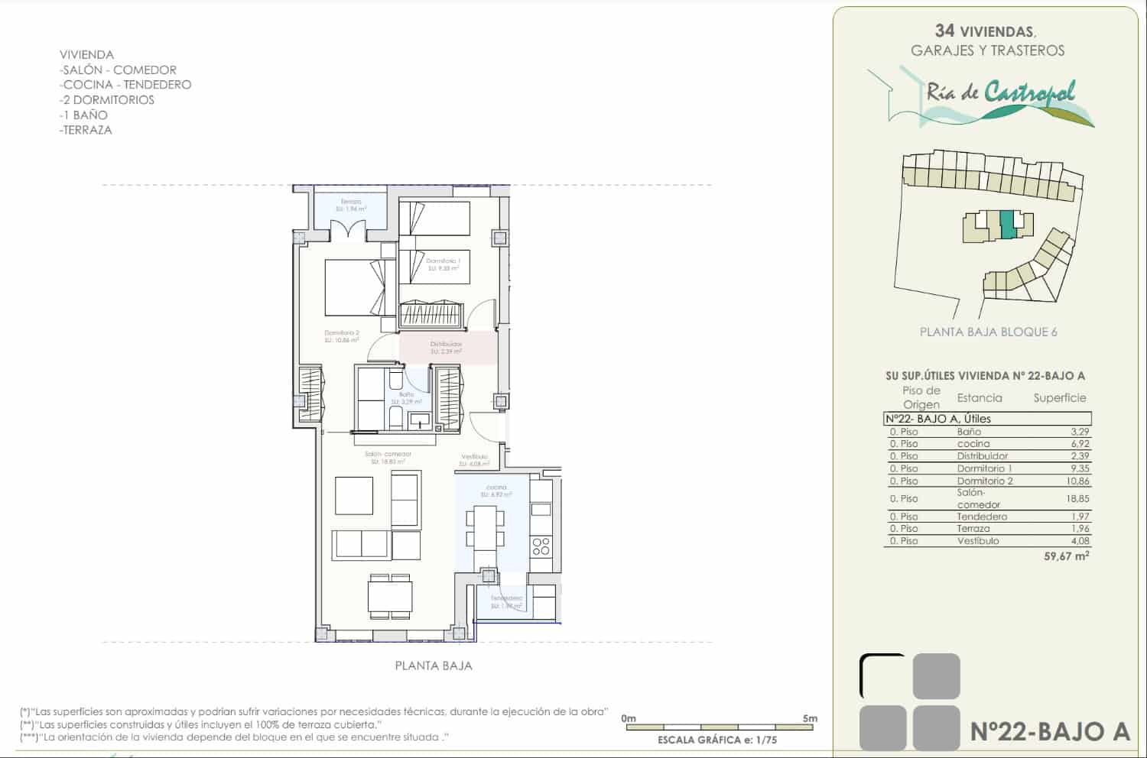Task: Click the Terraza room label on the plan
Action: click(x=352, y=202)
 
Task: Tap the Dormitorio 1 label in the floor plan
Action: click(x=443, y=261)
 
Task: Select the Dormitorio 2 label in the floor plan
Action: click(x=341, y=333)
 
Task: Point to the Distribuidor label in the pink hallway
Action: click(x=446, y=344)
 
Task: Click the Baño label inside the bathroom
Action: click(x=406, y=394)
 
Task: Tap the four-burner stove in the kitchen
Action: click(x=541, y=546)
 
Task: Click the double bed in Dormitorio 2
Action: click(x=356, y=287)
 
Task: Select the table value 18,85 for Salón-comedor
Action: click(x=1079, y=498)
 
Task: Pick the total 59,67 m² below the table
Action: click(x=1066, y=556)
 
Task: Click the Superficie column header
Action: click(x=1059, y=397)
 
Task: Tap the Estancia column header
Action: click(x=979, y=397)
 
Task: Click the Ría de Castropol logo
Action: click(x=994, y=96)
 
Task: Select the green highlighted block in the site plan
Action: click(x=1008, y=223)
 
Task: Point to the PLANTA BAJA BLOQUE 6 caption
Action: click(x=988, y=332)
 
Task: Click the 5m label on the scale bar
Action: click(x=810, y=718)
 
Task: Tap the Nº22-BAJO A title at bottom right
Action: click(x=1049, y=731)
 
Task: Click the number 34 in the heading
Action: click(x=944, y=31)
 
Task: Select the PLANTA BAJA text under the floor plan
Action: click(x=433, y=666)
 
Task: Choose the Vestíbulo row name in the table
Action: click(x=978, y=541)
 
